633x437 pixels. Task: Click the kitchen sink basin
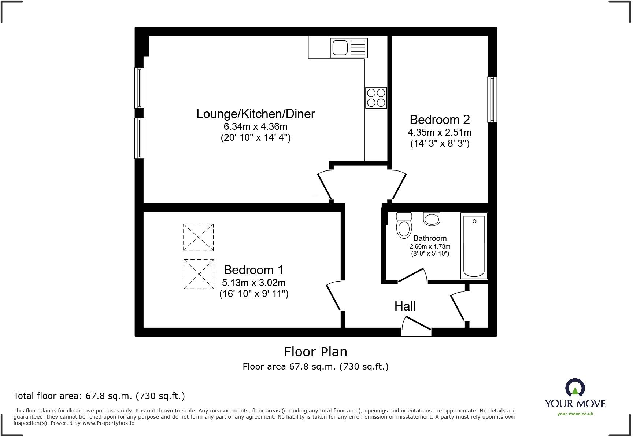click(x=340, y=48)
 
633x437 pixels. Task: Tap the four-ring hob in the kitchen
click(x=376, y=98)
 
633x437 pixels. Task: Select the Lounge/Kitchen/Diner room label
click(x=255, y=114)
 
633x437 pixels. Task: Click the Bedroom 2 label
click(x=440, y=120)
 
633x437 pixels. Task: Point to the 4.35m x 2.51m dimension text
click(x=440, y=132)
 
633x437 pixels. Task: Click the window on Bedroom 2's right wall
click(x=492, y=99)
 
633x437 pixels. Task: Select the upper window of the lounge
click(x=139, y=88)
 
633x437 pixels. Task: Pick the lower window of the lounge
click(x=139, y=138)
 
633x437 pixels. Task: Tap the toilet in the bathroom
click(x=404, y=226)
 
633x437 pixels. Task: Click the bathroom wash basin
click(x=432, y=219)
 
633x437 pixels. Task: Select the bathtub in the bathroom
click(x=474, y=246)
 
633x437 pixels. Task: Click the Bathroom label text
click(x=430, y=238)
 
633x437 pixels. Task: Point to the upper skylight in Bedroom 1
click(x=198, y=237)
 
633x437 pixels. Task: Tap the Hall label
click(x=405, y=306)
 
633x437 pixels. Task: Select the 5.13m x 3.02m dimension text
click(x=253, y=283)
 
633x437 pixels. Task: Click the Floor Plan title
click(x=315, y=352)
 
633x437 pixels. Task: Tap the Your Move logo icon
click(x=575, y=388)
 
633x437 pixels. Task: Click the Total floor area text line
click(x=99, y=396)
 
